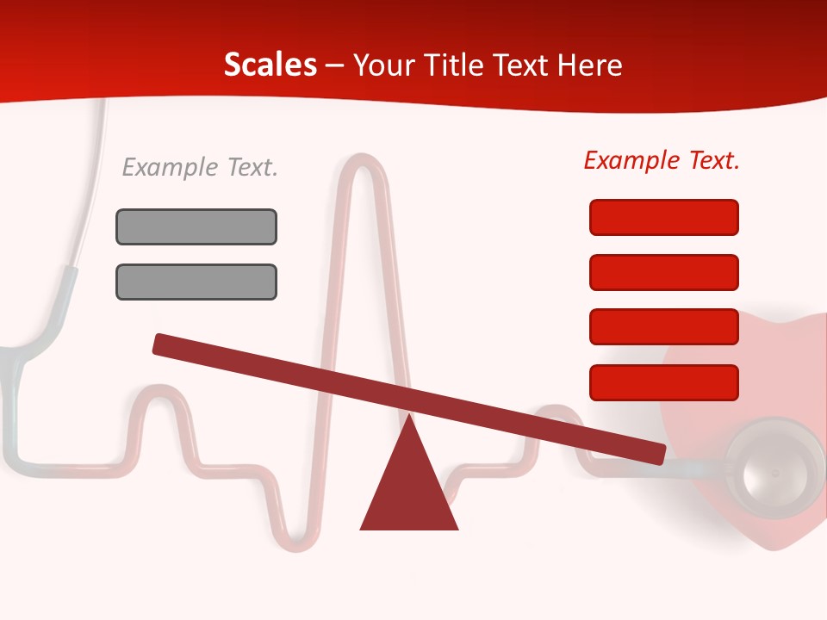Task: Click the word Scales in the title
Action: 270,65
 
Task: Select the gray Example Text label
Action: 200,167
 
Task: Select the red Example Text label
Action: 662,160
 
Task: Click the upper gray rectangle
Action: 196,226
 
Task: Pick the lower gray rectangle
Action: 196,282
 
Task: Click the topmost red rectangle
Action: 663,217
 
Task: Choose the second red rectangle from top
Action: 663,272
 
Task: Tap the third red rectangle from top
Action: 663,327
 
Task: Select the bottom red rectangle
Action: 663,382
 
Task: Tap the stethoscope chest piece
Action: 773,469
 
